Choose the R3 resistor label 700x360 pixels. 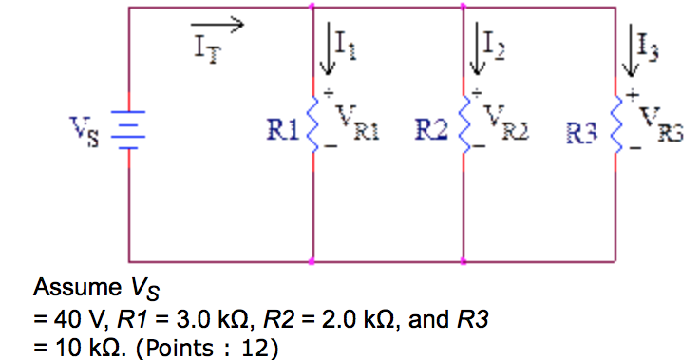coord(584,131)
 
